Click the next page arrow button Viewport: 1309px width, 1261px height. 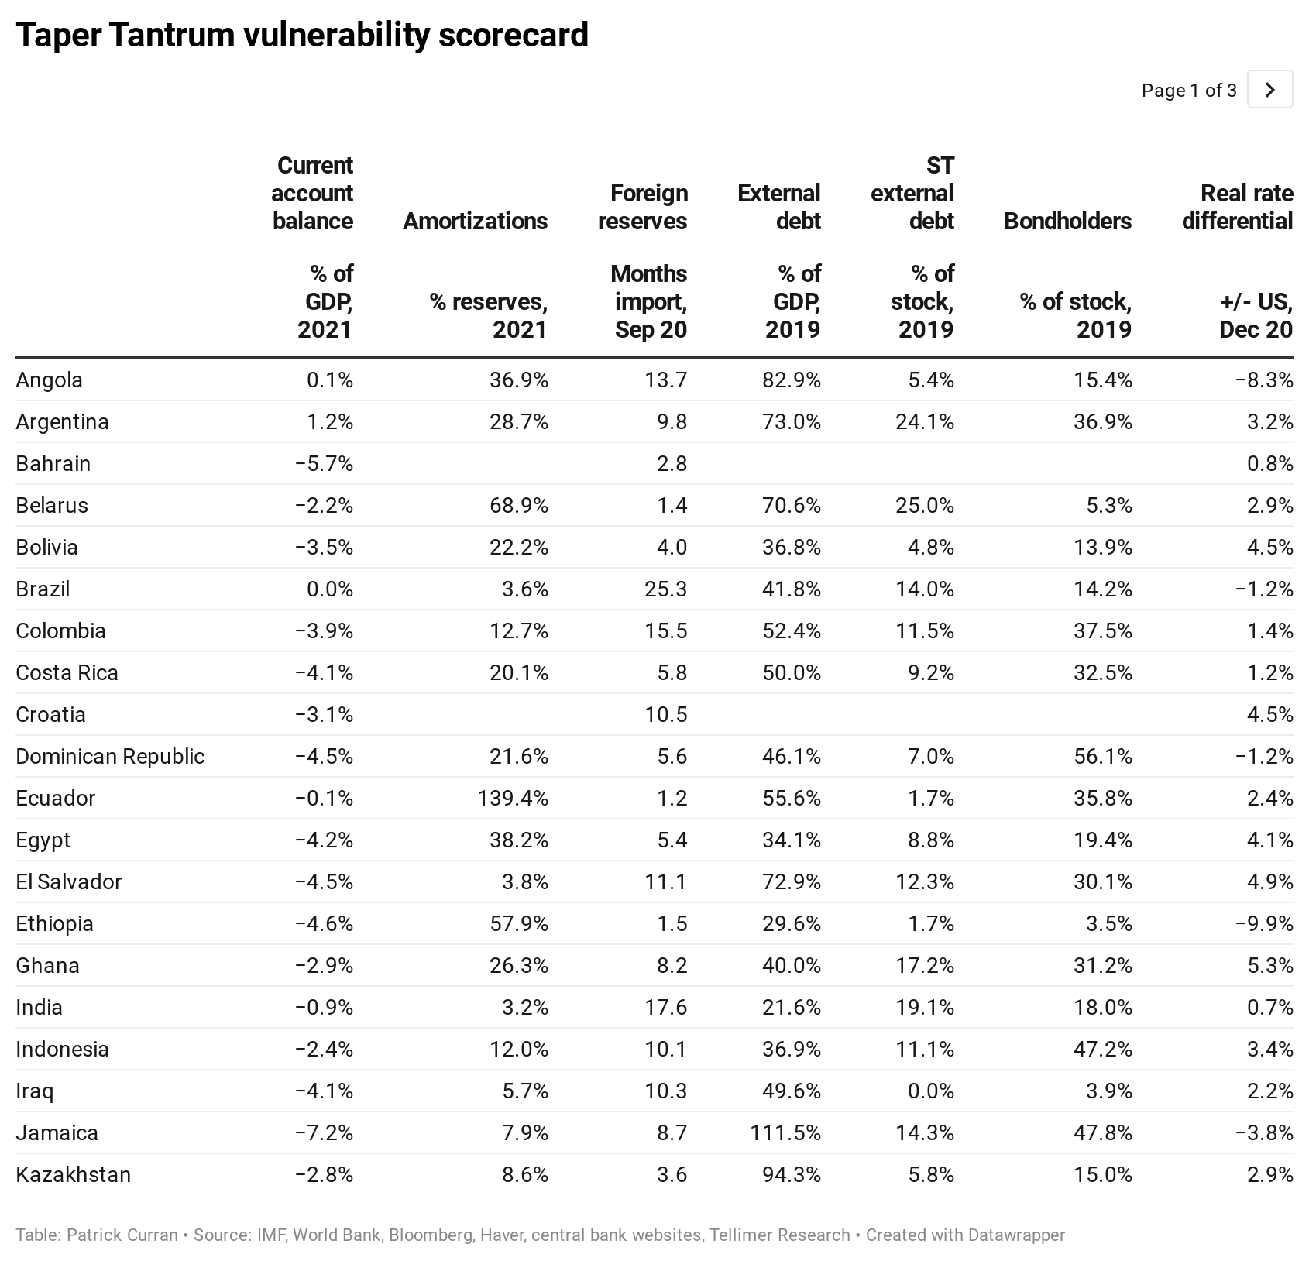[x=1269, y=90]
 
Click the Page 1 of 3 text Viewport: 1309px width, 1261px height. [x=1188, y=91]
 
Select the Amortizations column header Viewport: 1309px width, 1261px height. [x=475, y=221]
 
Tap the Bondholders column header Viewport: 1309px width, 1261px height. [x=1067, y=221]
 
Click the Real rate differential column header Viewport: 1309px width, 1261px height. [x=1237, y=207]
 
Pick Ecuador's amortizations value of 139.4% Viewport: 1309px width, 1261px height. [x=513, y=798]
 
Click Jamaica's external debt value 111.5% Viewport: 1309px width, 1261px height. [x=785, y=1132]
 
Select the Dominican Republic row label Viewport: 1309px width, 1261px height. [x=110, y=756]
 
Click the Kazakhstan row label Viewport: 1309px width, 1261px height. [x=73, y=1174]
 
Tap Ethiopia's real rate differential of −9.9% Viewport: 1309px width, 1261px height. [x=1264, y=923]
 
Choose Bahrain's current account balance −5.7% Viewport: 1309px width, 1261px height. [x=324, y=463]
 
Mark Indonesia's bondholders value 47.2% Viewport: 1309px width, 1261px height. [x=1102, y=1049]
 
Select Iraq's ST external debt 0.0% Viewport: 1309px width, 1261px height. [x=931, y=1091]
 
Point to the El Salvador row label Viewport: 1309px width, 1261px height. [x=68, y=881]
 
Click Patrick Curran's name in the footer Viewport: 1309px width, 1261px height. [x=122, y=1235]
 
